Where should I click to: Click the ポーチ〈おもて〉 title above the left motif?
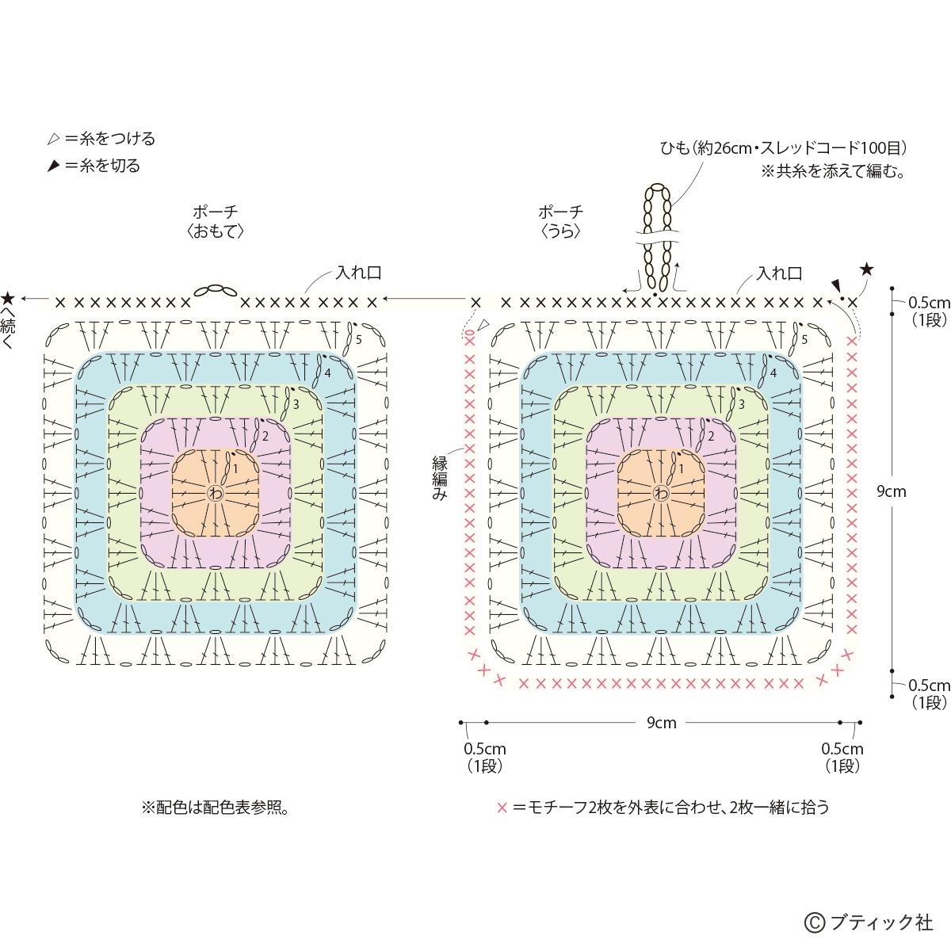(x=216, y=221)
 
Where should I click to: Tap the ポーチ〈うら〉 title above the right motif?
(x=561, y=221)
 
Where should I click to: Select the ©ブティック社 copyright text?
(x=869, y=922)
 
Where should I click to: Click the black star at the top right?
(x=866, y=270)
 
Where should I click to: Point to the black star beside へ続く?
(x=8, y=299)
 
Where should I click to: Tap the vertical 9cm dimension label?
(x=891, y=491)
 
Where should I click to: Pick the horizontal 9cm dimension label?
(x=661, y=723)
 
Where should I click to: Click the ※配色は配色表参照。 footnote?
(x=214, y=808)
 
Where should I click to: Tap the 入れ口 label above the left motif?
(x=358, y=273)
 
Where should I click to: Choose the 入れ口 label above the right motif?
(x=779, y=273)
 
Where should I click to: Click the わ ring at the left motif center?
(x=215, y=493)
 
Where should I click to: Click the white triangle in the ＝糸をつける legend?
(x=53, y=139)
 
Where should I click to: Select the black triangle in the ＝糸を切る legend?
(x=53, y=166)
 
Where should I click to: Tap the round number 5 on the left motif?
(x=358, y=339)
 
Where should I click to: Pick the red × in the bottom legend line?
(x=501, y=808)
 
